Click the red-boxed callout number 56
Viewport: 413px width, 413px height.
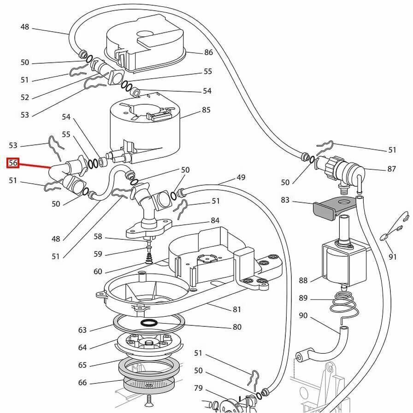(x=12, y=163)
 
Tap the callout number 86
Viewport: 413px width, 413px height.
(x=208, y=53)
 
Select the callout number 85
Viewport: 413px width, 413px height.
(x=206, y=110)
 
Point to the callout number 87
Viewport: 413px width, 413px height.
(x=391, y=169)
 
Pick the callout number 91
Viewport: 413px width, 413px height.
(x=392, y=257)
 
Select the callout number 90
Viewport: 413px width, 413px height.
(x=303, y=316)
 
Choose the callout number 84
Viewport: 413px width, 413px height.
(x=215, y=221)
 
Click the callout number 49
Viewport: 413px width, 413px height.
(x=241, y=177)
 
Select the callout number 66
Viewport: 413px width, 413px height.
(x=82, y=383)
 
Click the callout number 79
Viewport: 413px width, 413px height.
(x=198, y=389)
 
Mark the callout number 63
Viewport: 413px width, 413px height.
(x=82, y=330)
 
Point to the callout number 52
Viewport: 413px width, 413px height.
(x=24, y=97)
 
